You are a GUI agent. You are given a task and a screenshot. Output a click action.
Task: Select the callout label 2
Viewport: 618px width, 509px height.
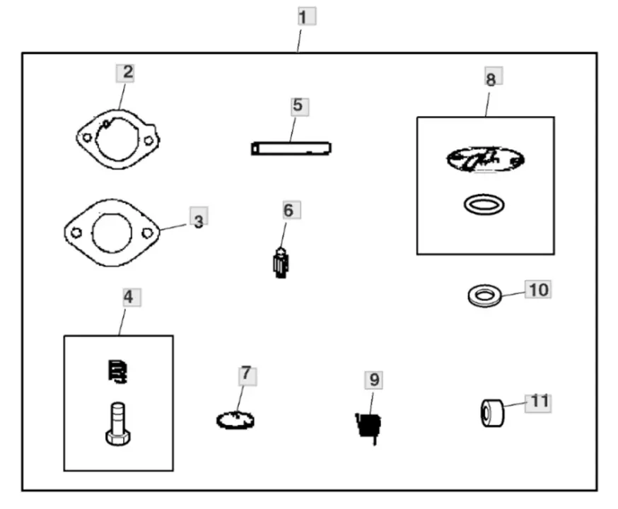click(x=125, y=73)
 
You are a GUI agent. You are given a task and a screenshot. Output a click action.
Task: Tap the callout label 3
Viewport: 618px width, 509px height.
click(x=199, y=221)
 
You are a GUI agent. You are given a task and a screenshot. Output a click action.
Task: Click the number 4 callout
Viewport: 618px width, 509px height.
click(x=128, y=297)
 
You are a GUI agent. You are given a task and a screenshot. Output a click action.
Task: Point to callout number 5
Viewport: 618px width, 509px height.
click(x=298, y=106)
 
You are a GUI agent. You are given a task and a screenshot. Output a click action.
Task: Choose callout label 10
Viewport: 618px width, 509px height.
click(x=538, y=290)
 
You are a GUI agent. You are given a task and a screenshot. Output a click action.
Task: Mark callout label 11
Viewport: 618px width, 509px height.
click(x=539, y=402)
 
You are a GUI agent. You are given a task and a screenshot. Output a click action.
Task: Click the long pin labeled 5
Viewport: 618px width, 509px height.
click(x=291, y=148)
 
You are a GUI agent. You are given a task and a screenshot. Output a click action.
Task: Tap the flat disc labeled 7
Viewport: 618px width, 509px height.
click(x=235, y=420)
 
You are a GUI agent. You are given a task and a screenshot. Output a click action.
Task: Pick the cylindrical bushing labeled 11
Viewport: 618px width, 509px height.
click(x=491, y=413)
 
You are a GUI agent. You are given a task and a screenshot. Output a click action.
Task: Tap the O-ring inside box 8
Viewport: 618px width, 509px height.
click(x=485, y=205)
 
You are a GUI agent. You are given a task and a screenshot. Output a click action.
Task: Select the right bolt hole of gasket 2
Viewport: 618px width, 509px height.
click(x=148, y=141)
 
